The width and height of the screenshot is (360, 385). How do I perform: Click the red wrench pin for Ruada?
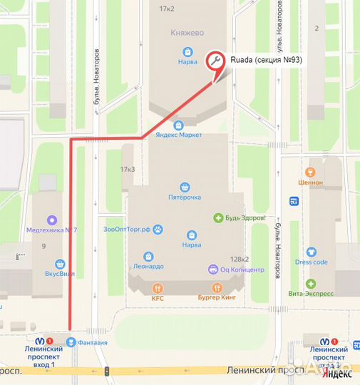pyautogui.click(x=215, y=61)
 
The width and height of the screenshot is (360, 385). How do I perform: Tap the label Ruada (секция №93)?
pyautogui.click(x=265, y=61)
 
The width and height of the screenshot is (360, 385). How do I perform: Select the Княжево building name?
pyautogui.click(x=187, y=33)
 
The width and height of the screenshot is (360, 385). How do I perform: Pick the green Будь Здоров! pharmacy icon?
pyautogui.click(x=218, y=217)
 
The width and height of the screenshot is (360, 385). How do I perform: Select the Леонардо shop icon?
pyautogui.click(x=148, y=256)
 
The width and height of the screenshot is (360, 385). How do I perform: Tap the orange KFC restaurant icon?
pyautogui.click(x=158, y=288)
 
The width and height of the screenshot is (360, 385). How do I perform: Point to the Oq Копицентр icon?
pyautogui.click(x=212, y=269)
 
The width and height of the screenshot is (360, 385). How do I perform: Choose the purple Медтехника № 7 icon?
pyautogui.click(x=51, y=219)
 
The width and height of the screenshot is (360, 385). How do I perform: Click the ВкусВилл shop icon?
pyautogui.click(x=61, y=262)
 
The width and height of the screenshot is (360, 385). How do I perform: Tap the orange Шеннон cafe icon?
pyautogui.click(x=309, y=172)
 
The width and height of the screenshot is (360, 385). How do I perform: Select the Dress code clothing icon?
pyautogui.click(x=311, y=252)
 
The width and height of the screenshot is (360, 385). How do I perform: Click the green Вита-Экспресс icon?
pyautogui.click(x=311, y=283)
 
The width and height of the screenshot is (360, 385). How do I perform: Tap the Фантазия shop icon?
pyautogui.click(x=71, y=342)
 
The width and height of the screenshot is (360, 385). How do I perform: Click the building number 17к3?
pyautogui.click(x=128, y=170)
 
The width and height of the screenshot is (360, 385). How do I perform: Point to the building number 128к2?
pyautogui.click(x=239, y=260)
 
